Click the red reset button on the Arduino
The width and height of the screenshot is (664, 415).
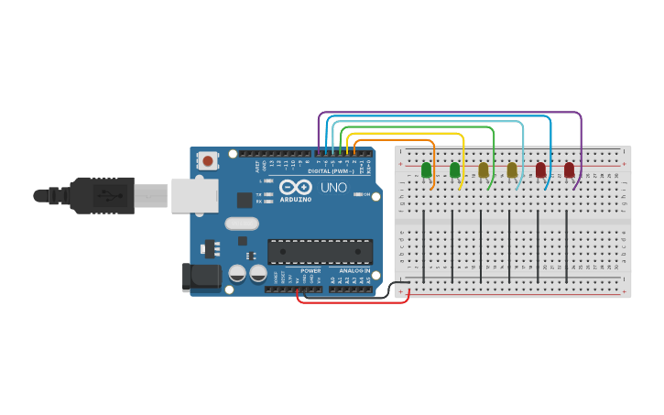point(208,161)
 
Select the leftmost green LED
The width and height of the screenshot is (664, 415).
point(426,169)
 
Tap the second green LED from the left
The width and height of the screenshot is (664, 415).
point(455,169)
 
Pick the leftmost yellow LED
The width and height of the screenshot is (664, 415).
point(484,169)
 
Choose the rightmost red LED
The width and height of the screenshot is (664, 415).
point(570,169)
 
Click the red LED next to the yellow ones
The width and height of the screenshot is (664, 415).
point(540,169)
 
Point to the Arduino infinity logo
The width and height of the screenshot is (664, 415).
point(296,187)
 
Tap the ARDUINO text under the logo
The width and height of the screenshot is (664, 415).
point(296,199)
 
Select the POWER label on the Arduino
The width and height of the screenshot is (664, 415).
point(310,271)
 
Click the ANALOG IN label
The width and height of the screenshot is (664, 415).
point(354,271)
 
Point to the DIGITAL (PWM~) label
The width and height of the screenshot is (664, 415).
point(331,171)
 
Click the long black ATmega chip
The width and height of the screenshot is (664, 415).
point(320,251)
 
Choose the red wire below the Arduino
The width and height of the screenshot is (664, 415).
point(353,301)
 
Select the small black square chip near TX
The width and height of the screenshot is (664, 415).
point(245,200)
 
